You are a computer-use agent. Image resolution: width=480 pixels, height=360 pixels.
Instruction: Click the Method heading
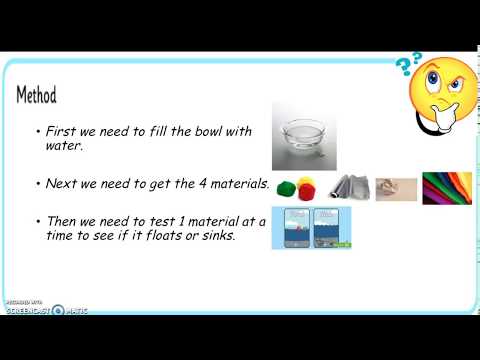pyautogui.click(x=36, y=95)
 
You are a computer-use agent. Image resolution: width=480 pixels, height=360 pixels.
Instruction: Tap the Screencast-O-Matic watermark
pyautogui.click(x=45, y=309)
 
